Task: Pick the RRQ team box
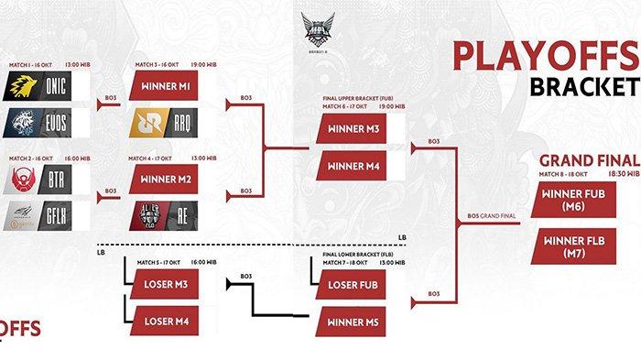click(174, 121)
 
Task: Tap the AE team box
click(174, 214)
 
